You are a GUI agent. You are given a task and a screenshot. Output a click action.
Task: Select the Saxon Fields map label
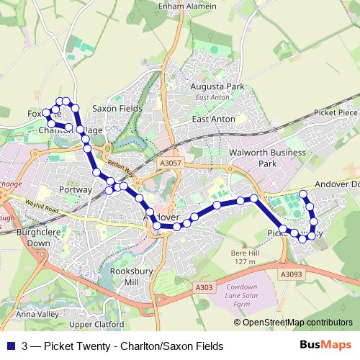point(117,108)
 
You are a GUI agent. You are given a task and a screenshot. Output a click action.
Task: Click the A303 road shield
point(204,287)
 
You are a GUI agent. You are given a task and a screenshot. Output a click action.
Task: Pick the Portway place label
point(76,189)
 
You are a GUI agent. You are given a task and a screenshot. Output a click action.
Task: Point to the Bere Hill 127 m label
point(245,257)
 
